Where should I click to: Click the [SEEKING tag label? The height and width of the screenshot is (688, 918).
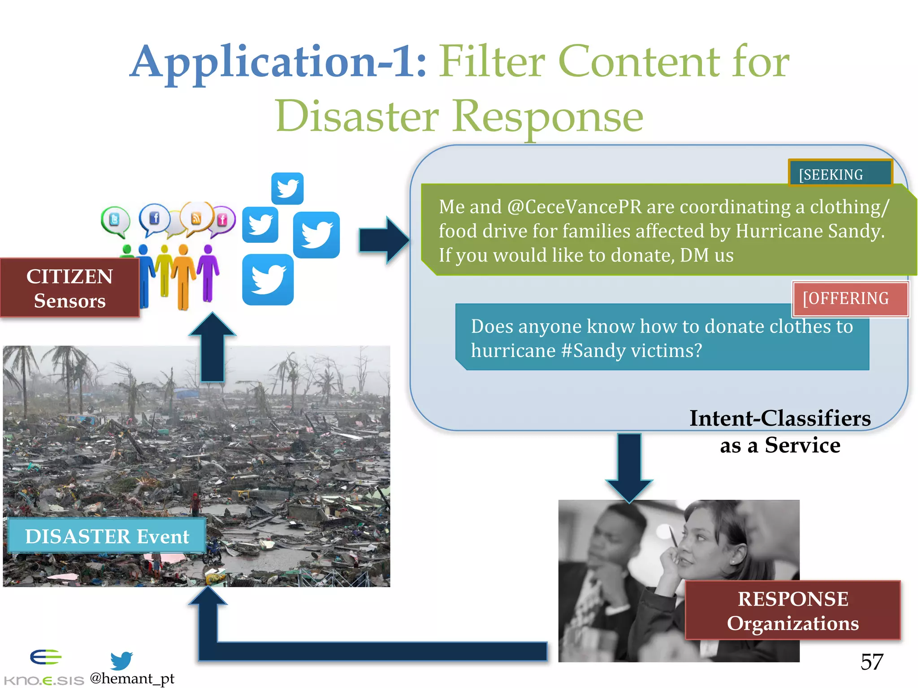point(840,174)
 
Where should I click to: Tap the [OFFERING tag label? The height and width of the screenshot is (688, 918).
point(850,299)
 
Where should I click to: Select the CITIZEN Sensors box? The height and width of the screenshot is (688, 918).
point(69,288)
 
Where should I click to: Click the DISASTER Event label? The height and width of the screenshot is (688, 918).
point(107,536)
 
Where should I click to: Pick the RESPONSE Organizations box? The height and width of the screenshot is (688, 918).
point(792,611)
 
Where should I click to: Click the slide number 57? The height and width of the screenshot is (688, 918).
point(871,662)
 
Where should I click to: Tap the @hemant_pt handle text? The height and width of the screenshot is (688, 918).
point(132,678)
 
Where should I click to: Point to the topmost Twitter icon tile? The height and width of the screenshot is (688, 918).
point(287,188)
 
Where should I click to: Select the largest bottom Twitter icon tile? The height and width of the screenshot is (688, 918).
point(268,280)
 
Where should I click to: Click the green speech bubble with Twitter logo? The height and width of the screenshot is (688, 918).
point(115,221)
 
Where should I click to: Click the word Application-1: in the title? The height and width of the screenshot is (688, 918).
point(278,63)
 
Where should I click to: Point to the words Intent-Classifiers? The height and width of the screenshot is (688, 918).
point(779,418)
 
